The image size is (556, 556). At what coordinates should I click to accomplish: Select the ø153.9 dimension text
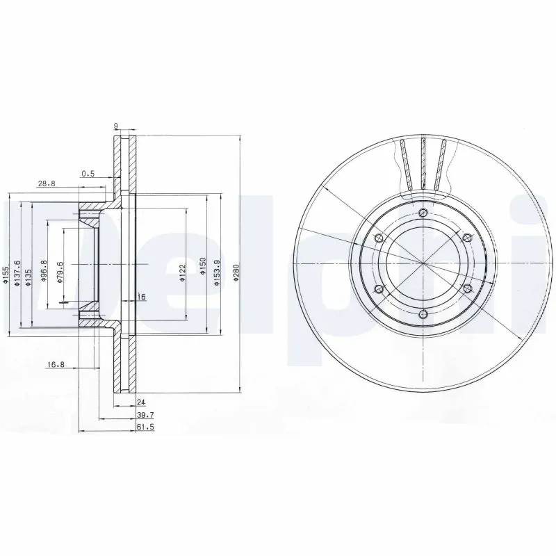pyautogui.click(x=217, y=268)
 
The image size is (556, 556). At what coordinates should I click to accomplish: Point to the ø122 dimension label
pyautogui.click(x=183, y=271)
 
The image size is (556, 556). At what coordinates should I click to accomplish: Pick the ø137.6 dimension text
pyautogui.click(x=19, y=272)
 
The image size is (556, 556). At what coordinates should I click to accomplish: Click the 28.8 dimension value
pyautogui.click(x=47, y=183)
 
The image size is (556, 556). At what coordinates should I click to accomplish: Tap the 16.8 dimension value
pyautogui.click(x=56, y=364)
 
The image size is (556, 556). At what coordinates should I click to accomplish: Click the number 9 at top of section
pyautogui.click(x=115, y=126)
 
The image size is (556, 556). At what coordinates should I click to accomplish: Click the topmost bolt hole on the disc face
pyautogui.click(x=423, y=213)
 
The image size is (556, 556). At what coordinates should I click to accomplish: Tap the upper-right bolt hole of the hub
pyautogui.click(x=466, y=238)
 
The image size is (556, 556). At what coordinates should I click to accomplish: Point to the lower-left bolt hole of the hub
pyautogui.click(x=379, y=288)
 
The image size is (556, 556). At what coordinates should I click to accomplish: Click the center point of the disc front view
pyautogui.click(x=423, y=263)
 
